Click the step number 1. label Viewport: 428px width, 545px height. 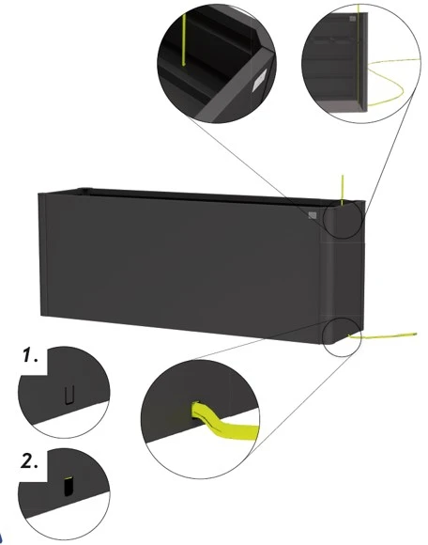(31, 355)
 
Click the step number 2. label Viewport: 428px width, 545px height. (29, 462)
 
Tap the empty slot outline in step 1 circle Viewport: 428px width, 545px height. (69, 396)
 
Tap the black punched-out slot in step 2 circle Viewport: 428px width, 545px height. (69, 486)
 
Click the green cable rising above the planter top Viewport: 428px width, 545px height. (342, 190)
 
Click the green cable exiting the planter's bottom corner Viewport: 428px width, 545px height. (382, 336)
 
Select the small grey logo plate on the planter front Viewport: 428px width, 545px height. (313, 215)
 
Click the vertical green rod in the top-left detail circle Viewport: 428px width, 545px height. (183, 39)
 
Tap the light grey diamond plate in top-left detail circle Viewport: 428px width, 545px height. (260, 80)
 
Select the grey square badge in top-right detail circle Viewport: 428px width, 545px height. (353, 19)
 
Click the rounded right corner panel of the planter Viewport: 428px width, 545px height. (342, 272)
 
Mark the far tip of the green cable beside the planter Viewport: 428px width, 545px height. (416, 335)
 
